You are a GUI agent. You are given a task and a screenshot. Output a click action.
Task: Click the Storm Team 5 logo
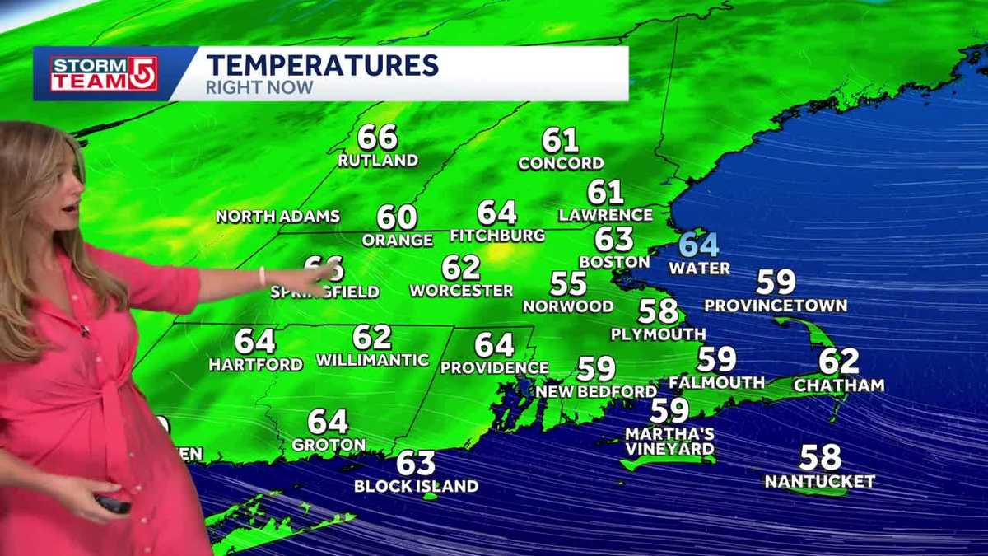pos(104,73)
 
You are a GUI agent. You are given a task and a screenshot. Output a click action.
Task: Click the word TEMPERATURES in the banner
pos(322,64)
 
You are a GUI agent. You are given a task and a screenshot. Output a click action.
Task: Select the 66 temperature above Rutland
pos(378,138)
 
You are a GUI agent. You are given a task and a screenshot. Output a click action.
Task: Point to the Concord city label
pos(561,163)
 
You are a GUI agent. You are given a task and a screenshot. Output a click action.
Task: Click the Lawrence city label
pos(605,215)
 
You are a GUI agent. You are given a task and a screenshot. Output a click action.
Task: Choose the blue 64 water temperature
pos(699,245)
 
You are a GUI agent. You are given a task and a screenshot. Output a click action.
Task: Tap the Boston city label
pos(614,262)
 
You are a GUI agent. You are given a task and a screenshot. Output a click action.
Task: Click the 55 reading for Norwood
pos(568,285)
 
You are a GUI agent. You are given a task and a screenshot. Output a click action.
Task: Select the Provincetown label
pos(776,306)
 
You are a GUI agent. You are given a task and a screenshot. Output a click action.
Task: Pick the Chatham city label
pos(839,385)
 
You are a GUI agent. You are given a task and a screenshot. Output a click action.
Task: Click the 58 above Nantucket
pos(820,457)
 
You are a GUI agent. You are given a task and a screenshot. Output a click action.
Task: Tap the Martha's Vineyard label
pos(669,442)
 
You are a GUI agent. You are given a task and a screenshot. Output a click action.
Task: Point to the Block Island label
pos(416,486)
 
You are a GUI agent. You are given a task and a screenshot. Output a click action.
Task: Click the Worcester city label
pos(461,291)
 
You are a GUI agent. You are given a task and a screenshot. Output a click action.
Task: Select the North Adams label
pos(277,217)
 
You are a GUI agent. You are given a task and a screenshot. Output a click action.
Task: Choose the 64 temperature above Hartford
pos(255,341)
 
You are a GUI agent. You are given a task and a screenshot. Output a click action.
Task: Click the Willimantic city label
pos(372,360)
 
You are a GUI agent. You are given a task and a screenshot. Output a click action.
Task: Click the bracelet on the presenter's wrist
pos(262,276)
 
